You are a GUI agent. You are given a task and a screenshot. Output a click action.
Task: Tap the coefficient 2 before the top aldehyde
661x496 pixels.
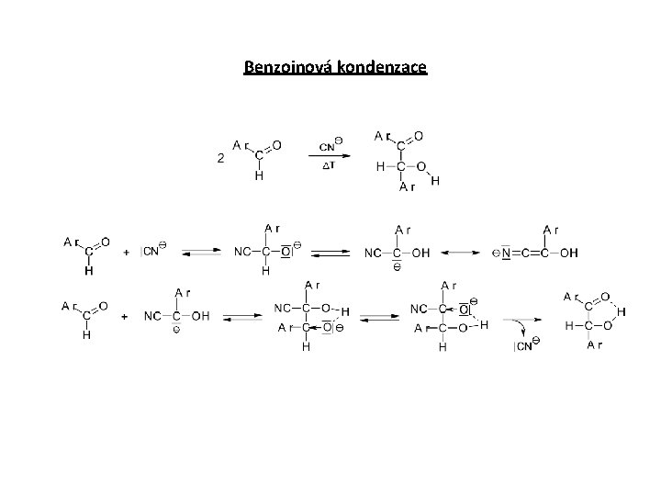(221, 158)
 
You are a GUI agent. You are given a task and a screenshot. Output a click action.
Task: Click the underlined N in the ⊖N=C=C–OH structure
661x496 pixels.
(507, 252)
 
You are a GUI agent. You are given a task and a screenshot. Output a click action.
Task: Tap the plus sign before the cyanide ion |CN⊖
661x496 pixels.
(125, 251)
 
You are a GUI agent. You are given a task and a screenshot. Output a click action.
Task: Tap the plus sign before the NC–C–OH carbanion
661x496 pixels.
(125, 316)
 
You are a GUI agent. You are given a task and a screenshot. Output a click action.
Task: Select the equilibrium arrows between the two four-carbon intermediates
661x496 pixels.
(379, 317)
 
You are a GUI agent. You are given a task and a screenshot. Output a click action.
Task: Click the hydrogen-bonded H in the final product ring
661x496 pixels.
(621, 312)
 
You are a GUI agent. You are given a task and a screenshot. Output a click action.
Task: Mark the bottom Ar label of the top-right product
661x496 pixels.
(406, 187)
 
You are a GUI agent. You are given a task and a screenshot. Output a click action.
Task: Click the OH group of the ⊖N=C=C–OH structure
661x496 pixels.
(570, 252)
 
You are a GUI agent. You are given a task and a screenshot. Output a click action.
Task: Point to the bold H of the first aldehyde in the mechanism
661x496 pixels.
(87, 271)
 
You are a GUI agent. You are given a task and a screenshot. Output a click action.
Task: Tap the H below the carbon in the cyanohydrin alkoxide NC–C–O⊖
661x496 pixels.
(264, 271)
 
